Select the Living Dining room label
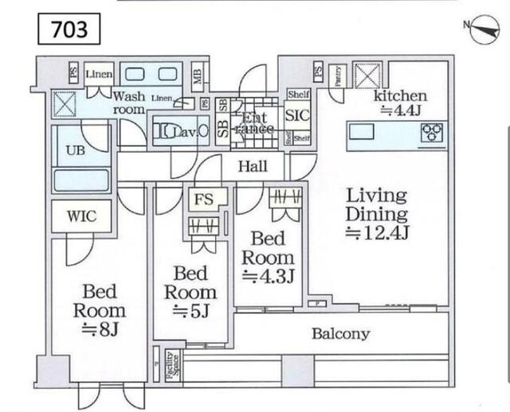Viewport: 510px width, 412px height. pyautogui.click(x=376, y=204)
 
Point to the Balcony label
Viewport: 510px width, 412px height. pyautogui.click(x=340, y=334)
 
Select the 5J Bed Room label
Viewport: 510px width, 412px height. pyautogui.click(x=190, y=292)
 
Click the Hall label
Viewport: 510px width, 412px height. pyautogui.click(x=252, y=166)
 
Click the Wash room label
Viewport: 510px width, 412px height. pyautogui.click(x=128, y=102)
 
